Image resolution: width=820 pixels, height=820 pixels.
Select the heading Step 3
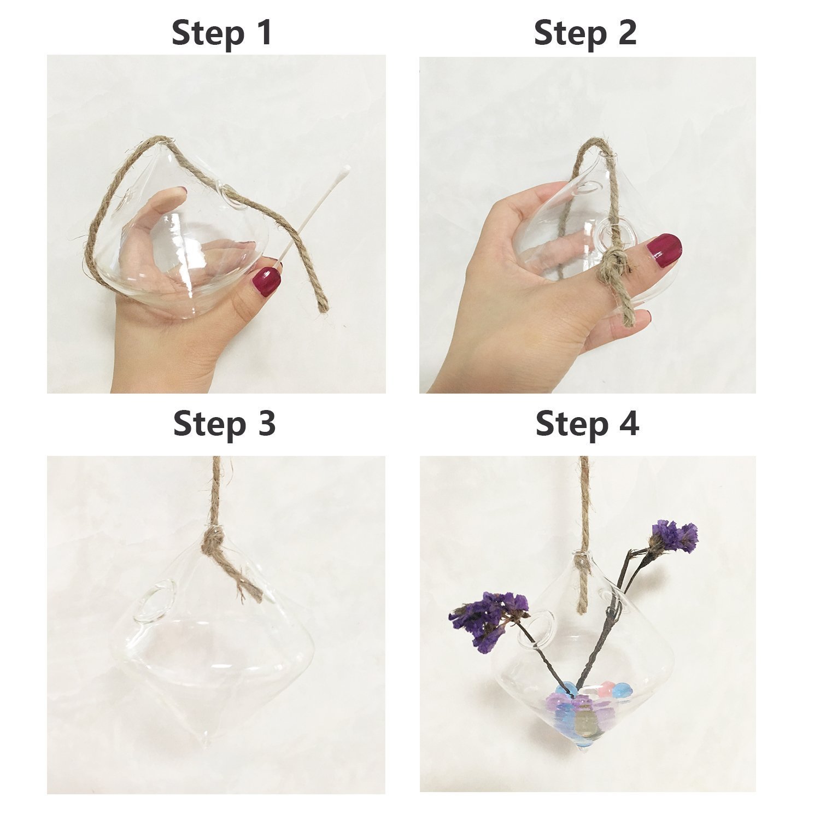(224, 424)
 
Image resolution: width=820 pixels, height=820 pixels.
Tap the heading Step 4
(587, 424)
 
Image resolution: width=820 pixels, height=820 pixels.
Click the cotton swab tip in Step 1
(345, 171)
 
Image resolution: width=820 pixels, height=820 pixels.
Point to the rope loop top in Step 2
(597, 143)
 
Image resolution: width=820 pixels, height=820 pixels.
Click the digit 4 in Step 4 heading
(626, 424)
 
